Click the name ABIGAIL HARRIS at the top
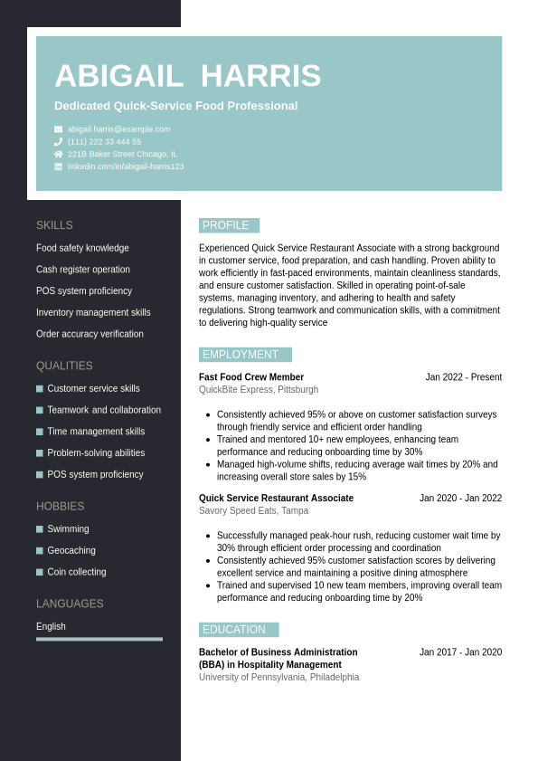click(x=187, y=76)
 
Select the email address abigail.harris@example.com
click(x=118, y=129)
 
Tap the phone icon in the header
click(x=58, y=142)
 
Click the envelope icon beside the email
click(x=58, y=129)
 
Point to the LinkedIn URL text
click(x=126, y=166)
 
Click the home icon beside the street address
click(x=58, y=154)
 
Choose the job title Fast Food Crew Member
click(x=251, y=377)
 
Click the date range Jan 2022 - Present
click(x=463, y=377)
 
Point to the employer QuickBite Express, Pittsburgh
click(x=259, y=390)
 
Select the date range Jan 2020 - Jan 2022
click(x=460, y=499)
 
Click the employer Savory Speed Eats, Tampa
click(x=253, y=511)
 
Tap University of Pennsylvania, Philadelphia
click(x=278, y=677)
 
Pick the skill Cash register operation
click(x=83, y=270)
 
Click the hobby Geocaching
click(x=71, y=550)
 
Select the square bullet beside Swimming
click(x=40, y=529)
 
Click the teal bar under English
click(x=99, y=639)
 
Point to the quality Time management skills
click(x=96, y=432)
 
